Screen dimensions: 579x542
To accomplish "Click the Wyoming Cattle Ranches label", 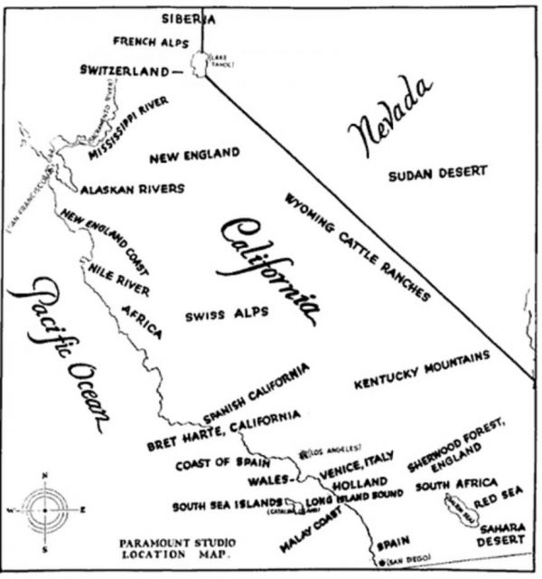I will pyautogui.click(x=357, y=246).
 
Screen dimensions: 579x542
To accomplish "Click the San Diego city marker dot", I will pyautogui.click(x=382, y=563).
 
